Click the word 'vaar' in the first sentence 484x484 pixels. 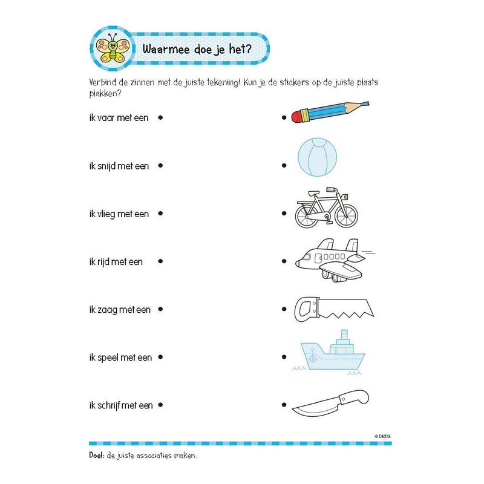[106, 118]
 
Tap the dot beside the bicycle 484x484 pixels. [284, 214]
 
